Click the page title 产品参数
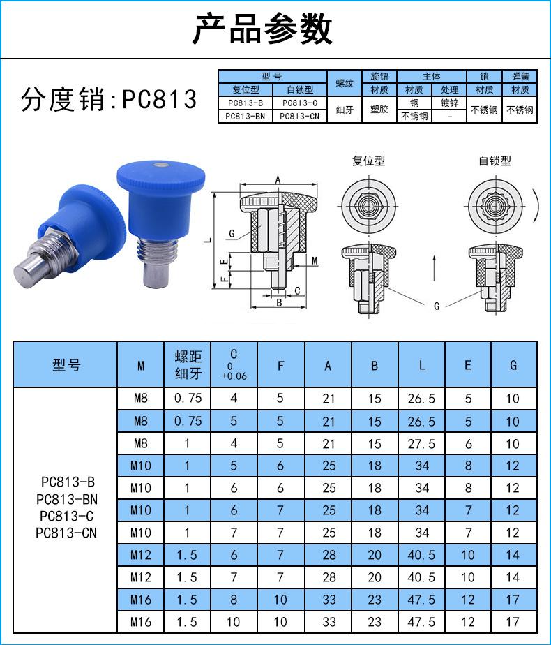tap(262, 29)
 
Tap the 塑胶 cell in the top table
tap(379, 110)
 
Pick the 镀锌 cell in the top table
tap(449, 103)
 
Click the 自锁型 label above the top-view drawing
tap(495, 161)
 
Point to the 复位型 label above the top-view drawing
tap(368, 161)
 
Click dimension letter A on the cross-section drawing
tap(278, 180)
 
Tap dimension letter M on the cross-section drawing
tap(315, 261)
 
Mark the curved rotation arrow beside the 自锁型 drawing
tap(538, 204)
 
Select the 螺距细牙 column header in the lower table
tap(188, 364)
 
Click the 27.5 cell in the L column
tap(421, 444)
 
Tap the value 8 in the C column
tap(234, 600)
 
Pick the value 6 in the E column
tap(468, 444)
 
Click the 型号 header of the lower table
tap(66, 364)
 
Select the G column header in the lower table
tap(514, 364)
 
